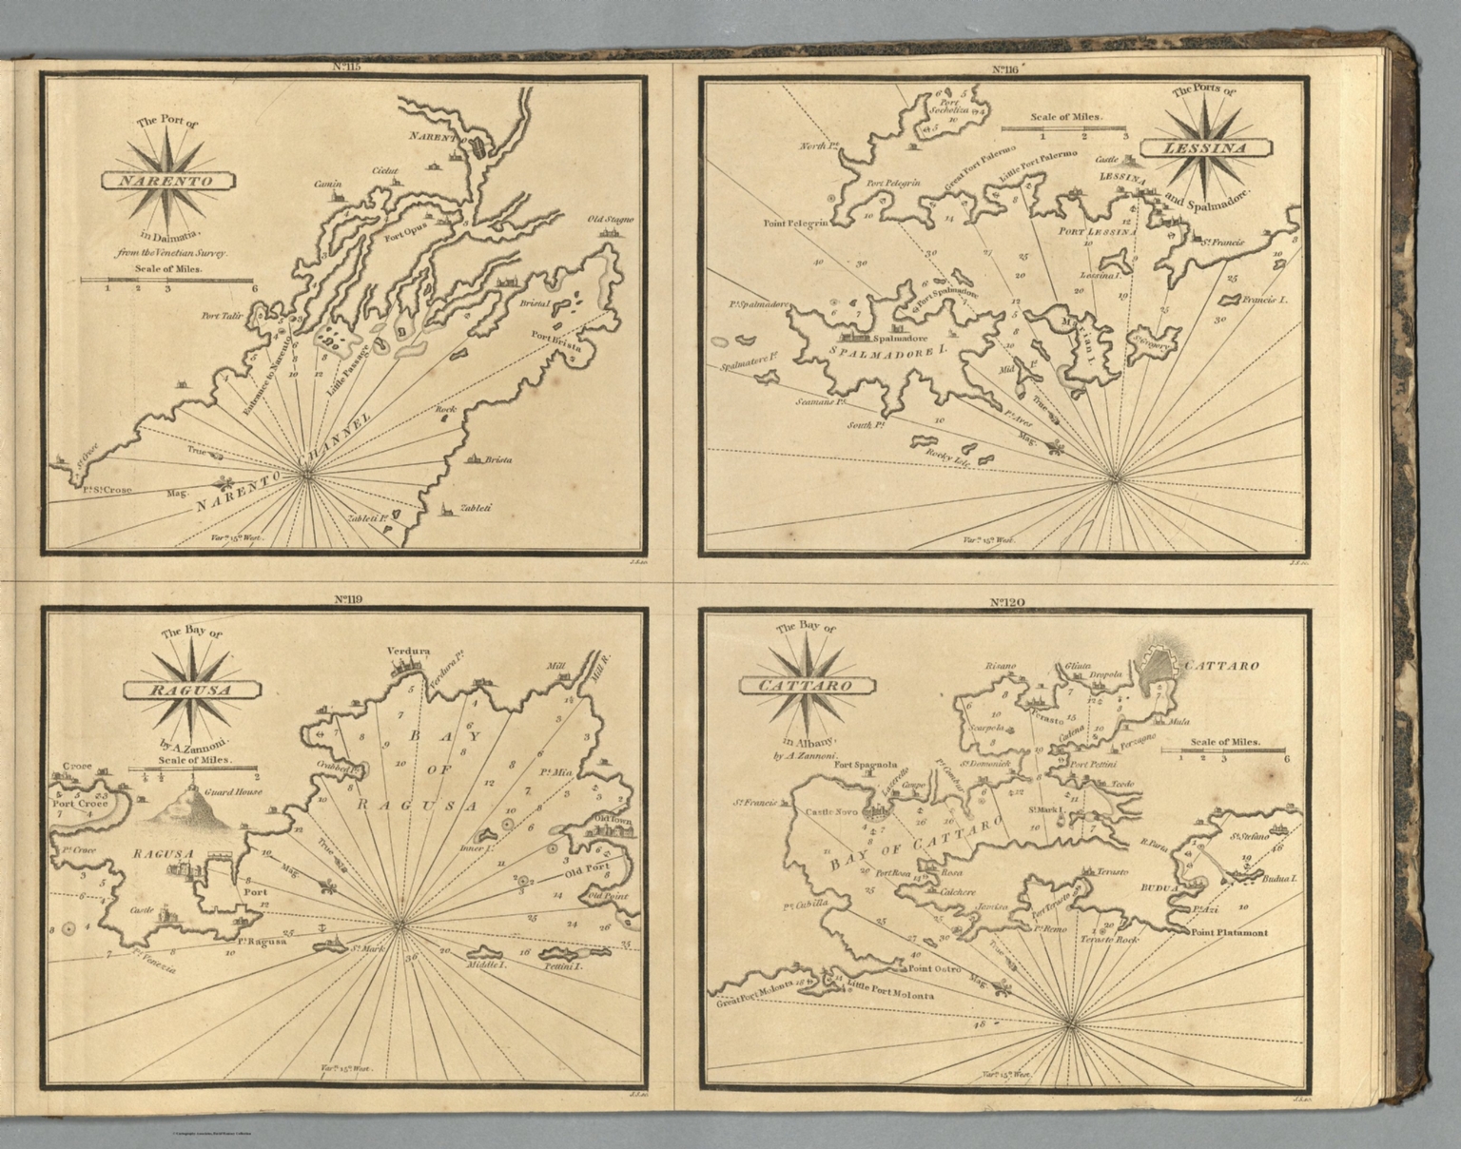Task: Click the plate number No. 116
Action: (1006, 69)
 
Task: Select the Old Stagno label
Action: (609, 220)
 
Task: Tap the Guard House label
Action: (233, 790)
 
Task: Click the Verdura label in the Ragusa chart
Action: (409, 652)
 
